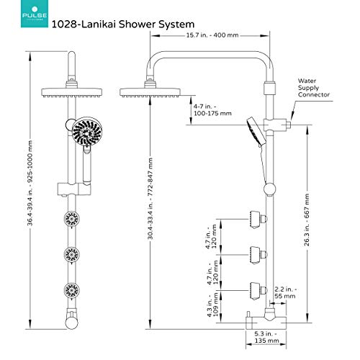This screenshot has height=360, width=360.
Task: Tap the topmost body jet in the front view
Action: tap(72, 219)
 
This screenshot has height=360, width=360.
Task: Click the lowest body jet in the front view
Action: tap(72, 292)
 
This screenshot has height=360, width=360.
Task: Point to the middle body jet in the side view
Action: tap(253, 253)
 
